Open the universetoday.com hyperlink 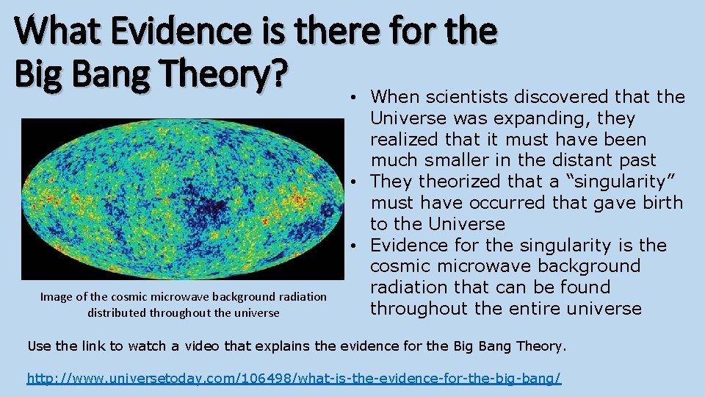(x=294, y=378)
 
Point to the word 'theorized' (x=460, y=182)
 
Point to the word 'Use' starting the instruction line (x=39, y=346)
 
